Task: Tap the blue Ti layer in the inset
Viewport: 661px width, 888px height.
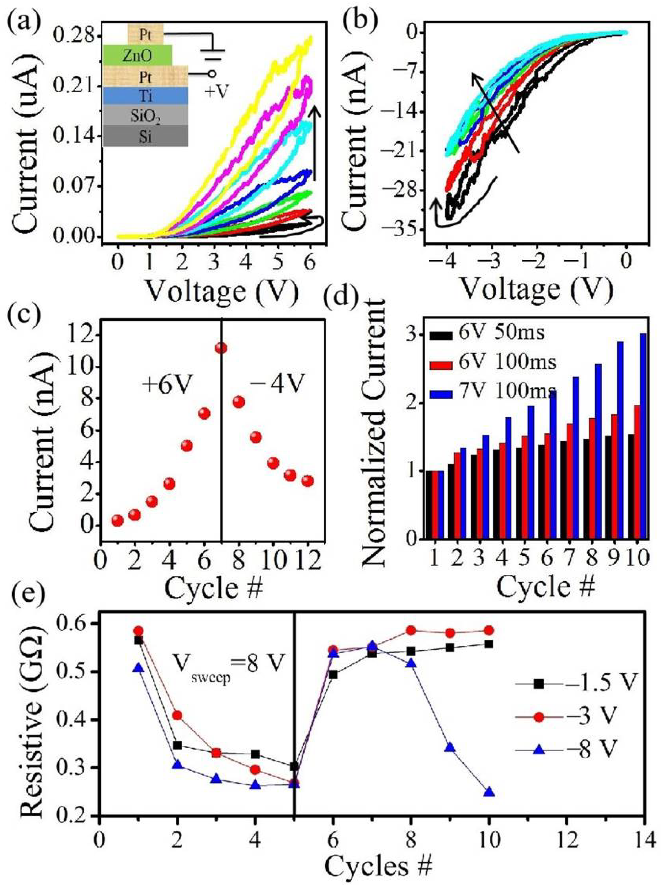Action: [x=145, y=96]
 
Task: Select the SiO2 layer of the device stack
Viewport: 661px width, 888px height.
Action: [x=145, y=116]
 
